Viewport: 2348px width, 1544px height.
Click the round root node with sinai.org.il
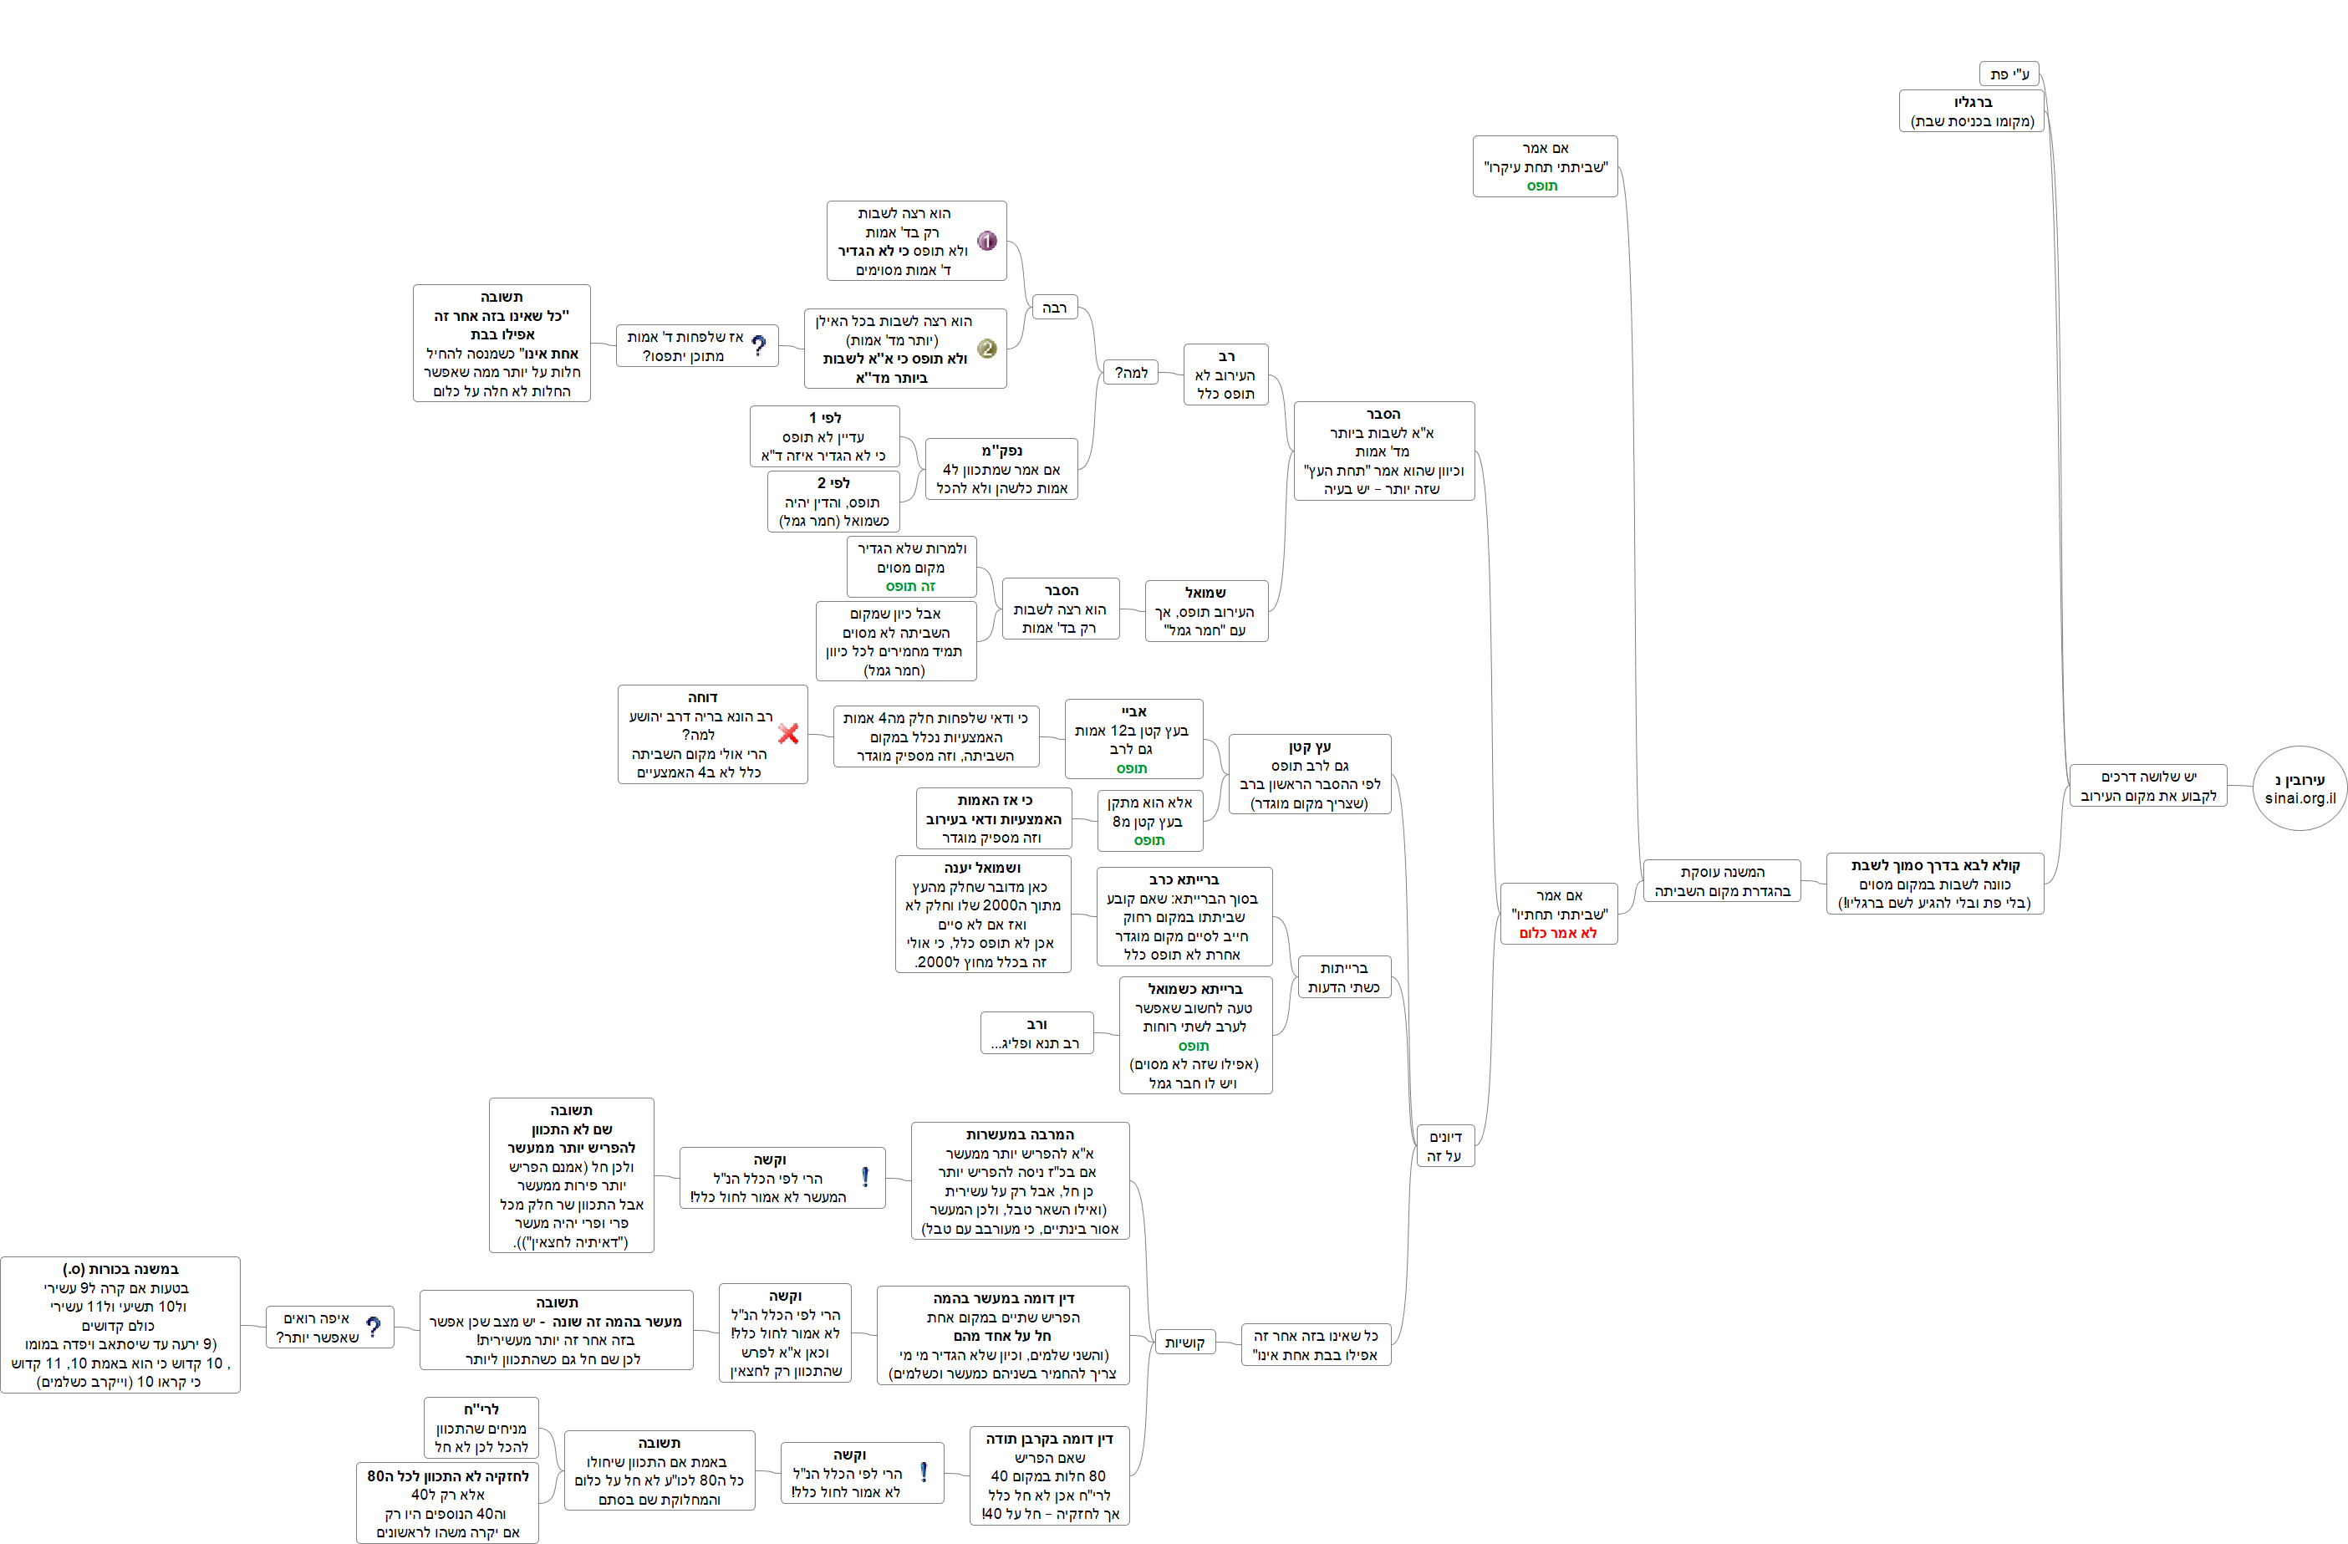point(2300,787)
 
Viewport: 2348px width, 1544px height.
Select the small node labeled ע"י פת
point(2008,74)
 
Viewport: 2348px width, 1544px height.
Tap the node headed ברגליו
point(1971,110)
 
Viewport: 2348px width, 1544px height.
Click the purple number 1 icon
point(986,241)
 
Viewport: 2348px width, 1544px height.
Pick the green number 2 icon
point(986,349)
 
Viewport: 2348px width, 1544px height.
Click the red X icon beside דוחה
point(788,733)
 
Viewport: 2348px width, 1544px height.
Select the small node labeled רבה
point(1054,308)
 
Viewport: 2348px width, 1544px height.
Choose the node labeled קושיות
point(1184,1343)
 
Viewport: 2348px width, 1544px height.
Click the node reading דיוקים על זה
point(1444,1146)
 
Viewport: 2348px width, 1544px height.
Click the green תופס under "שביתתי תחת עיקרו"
point(1542,186)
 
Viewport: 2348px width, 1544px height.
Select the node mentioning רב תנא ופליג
point(1036,1033)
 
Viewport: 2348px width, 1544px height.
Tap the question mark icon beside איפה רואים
point(373,1327)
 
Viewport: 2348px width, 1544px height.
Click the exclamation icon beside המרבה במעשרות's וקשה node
point(865,1177)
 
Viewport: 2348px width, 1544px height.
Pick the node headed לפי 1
point(824,436)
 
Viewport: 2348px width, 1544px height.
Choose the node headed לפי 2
point(833,502)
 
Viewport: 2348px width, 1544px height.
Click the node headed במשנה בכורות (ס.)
point(120,1324)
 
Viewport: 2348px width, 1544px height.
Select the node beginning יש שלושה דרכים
point(2147,785)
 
